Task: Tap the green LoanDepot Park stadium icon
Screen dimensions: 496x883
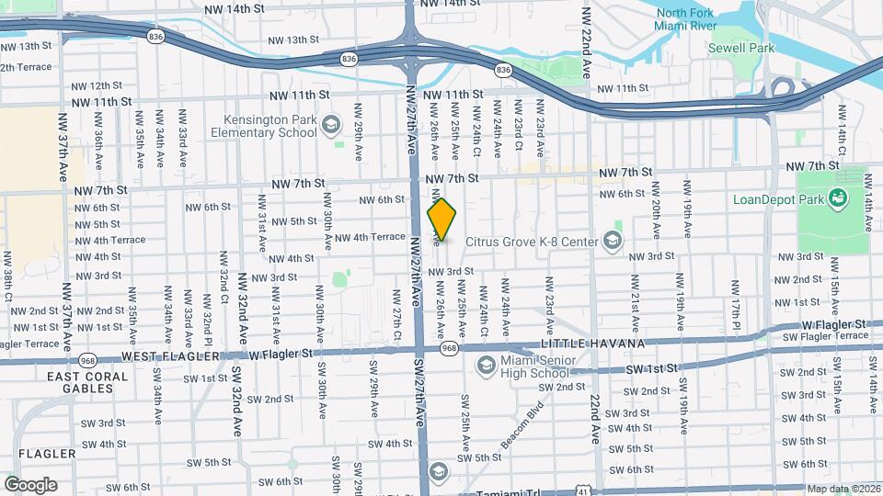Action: coord(837,197)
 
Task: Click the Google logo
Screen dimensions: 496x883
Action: coord(30,485)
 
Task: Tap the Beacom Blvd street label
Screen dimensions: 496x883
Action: coord(522,421)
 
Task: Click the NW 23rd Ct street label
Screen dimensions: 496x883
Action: coord(519,131)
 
